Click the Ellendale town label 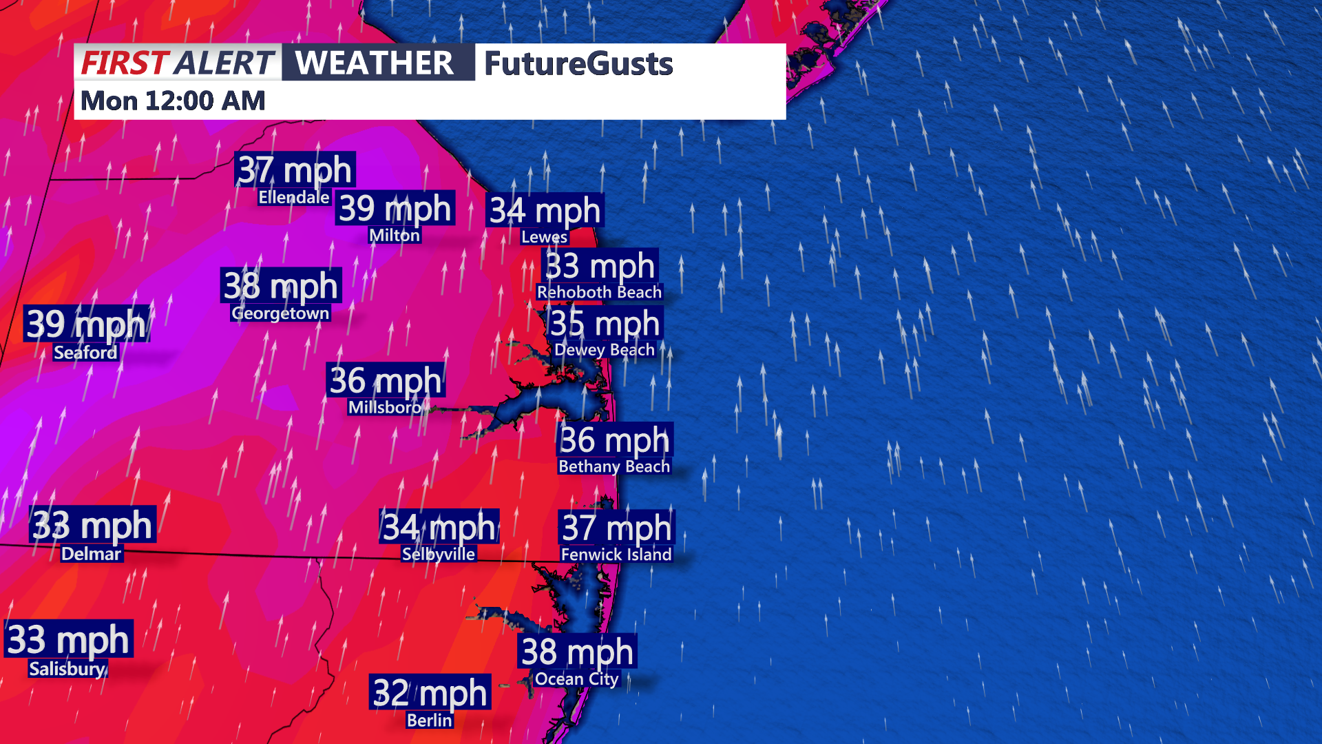(294, 198)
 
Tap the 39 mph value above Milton (395, 208)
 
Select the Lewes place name (544, 237)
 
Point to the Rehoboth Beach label (599, 292)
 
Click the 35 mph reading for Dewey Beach (605, 323)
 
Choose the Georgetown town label (280, 313)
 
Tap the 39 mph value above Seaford (86, 324)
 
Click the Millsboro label (384, 407)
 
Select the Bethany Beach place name (614, 466)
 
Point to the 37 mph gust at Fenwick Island (616, 528)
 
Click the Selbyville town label (439, 554)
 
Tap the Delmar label (91, 554)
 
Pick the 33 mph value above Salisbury (68, 639)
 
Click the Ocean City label (577, 679)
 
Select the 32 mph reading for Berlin (430, 692)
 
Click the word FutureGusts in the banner (578, 63)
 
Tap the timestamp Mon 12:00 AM (173, 101)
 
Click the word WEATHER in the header (375, 63)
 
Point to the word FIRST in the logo (125, 63)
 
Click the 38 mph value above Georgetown (281, 285)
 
